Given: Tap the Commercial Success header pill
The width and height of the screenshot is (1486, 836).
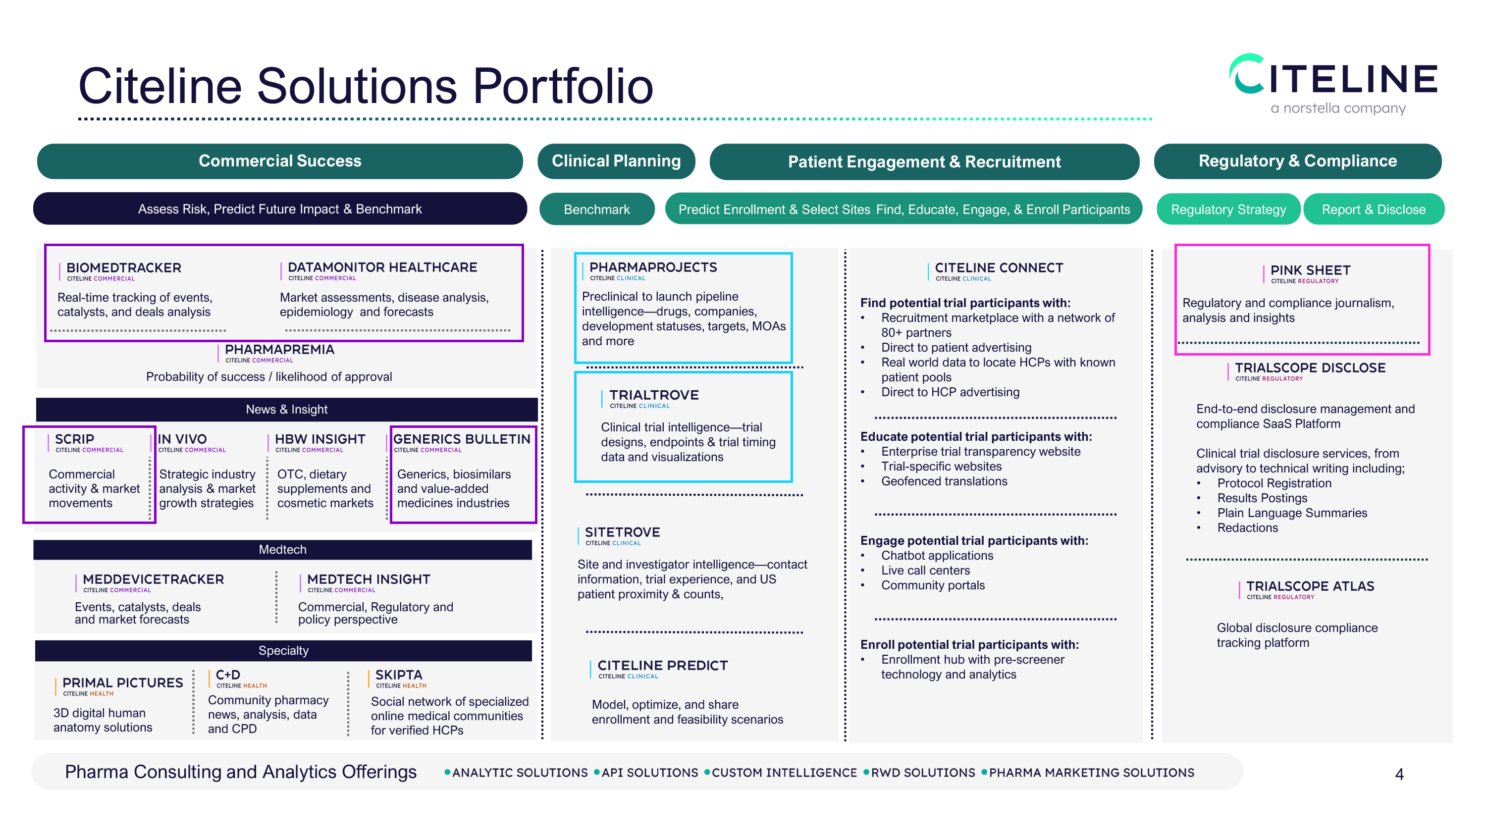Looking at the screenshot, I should (280, 161).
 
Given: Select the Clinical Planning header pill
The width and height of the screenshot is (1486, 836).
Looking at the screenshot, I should (616, 161).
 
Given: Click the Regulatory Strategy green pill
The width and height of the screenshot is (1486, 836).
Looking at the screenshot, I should (1227, 209).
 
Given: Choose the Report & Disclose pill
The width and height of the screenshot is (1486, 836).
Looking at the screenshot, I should (1373, 209).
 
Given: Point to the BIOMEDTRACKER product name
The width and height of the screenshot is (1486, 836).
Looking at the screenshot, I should (123, 268).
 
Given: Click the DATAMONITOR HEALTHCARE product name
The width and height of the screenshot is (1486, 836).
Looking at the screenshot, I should (382, 267).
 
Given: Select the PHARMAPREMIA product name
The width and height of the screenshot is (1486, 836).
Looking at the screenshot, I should (279, 350).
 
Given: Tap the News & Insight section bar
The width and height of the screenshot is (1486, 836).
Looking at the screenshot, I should (287, 409).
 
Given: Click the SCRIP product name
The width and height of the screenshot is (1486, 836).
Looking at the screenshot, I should (74, 439).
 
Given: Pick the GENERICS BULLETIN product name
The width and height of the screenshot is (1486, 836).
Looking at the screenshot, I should (462, 439).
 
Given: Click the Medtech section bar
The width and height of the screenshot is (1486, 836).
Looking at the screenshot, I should (283, 549).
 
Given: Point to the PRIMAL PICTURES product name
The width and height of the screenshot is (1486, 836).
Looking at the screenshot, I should (122, 682).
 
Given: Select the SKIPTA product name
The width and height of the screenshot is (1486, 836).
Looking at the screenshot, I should (399, 675).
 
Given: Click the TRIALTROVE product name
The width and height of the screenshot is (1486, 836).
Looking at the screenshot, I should (653, 395).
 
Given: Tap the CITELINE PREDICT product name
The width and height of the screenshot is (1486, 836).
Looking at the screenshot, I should (662, 665).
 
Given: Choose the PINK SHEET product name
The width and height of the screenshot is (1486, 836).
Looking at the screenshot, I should (1310, 270).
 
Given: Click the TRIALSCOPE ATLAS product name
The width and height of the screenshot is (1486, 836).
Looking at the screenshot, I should (1310, 586).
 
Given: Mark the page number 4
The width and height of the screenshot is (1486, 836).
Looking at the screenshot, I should (1399, 774).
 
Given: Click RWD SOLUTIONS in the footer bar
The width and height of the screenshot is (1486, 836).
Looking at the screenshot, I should (922, 773).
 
